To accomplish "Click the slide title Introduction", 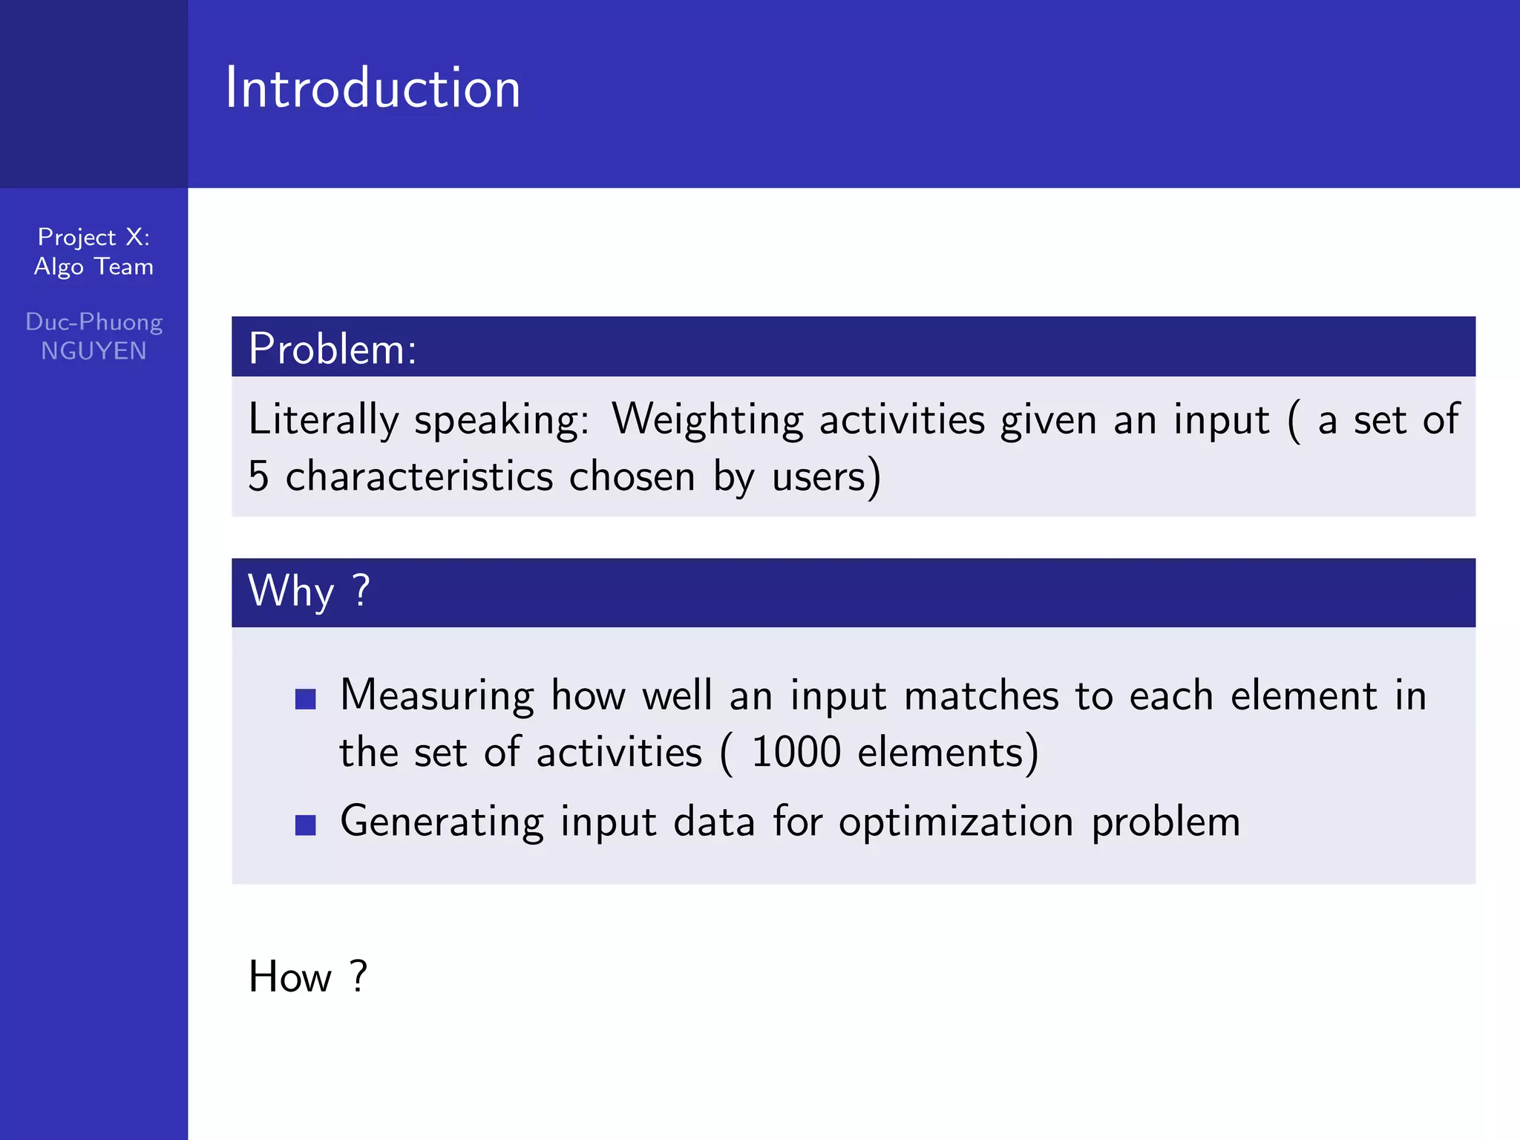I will (373, 88).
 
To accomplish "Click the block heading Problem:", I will (332, 349).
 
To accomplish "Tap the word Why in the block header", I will (291, 592).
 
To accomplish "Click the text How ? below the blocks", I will (307, 977).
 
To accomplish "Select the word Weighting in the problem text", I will (707, 420).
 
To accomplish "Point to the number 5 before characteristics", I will (258, 476).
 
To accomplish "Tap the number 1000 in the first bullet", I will (796, 753).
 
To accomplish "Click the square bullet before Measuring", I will (306, 698).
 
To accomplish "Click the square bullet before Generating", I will (306, 825).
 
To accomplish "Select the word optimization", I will (956, 822).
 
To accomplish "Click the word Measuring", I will (436, 697).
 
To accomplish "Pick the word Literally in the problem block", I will (323, 420).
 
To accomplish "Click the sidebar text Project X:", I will (94, 237).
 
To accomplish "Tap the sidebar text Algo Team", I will (94, 267).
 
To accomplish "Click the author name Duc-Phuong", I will (94, 322).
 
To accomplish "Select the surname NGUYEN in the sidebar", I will (94, 351).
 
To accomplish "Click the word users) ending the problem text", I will (826, 476).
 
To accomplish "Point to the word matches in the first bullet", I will (981, 697).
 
